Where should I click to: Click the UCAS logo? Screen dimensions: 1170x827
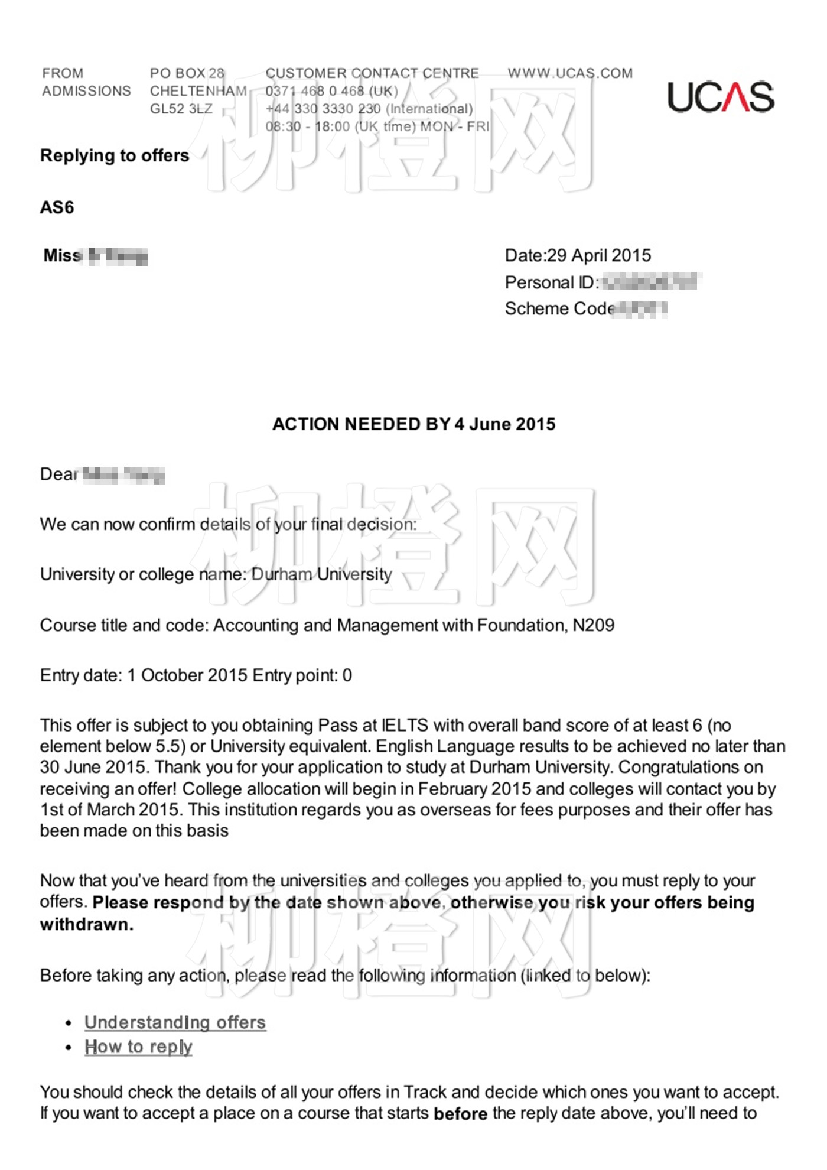(x=720, y=97)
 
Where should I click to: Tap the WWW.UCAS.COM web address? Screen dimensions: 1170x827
(x=570, y=73)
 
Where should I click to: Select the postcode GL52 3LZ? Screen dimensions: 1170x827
(x=181, y=109)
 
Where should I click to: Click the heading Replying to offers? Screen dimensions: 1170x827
(x=115, y=155)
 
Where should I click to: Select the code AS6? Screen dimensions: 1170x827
(x=57, y=207)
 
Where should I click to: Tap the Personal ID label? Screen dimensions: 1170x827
(x=550, y=282)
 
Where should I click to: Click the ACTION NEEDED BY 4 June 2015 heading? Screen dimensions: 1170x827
(x=413, y=424)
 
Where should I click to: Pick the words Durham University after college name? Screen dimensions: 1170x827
(x=321, y=574)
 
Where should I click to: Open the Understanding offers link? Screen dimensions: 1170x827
(x=175, y=1022)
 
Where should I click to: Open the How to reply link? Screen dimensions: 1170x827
(x=138, y=1046)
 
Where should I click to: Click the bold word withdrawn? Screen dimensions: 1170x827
(x=86, y=924)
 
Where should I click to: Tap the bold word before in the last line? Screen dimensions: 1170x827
(x=460, y=1114)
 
